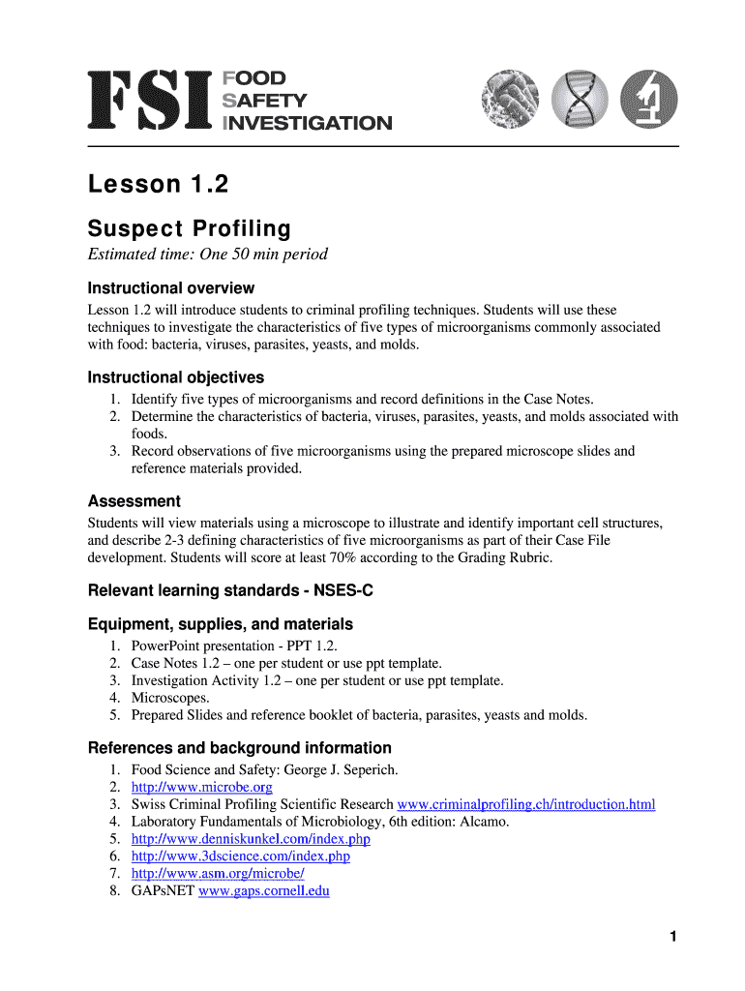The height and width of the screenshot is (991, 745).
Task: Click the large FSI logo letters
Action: click(151, 100)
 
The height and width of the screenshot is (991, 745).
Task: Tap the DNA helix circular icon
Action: click(581, 100)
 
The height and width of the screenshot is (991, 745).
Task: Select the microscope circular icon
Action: click(648, 100)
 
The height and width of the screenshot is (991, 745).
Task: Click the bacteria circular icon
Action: click(512, 100)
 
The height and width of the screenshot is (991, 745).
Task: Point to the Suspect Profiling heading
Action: click(189, 229)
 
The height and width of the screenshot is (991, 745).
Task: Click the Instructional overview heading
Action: click(171, 288)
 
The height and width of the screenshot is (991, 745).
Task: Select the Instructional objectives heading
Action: click(175, 377)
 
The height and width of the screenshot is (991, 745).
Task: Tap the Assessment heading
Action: click(134, 501)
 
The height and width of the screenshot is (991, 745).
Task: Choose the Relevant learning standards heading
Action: click(230, 590)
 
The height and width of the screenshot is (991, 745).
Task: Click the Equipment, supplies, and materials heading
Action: click(220, 624)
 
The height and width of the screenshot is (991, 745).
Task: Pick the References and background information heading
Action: click(239, 748)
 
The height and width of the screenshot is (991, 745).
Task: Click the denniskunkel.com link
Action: click(251, 839)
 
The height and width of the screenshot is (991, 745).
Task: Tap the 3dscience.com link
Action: click(240, 856)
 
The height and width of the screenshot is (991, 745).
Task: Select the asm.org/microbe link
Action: click(218, 874)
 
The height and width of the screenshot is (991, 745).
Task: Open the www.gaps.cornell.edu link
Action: click(263, 891)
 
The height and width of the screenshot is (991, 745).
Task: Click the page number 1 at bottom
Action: click(671, 936)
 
